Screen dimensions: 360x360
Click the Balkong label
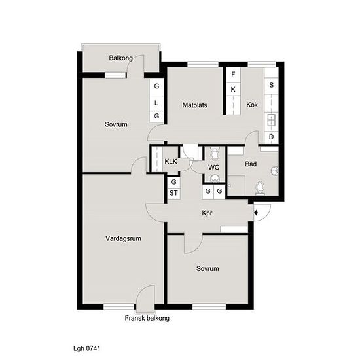pyautogui.click(x=121, y=58)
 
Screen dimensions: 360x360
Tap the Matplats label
pyautogui.click(x=195, y=105)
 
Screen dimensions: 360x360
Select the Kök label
pyautogui.click(x=252, y=105)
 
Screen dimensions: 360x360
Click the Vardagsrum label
pyautogui.click(x=123, y=238)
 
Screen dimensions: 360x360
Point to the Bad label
pyautogui.click(x=251, y=164)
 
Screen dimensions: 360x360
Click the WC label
pyautogui.click(x=213, y=168)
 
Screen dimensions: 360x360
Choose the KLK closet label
pyautogui.click(x=170, y=161)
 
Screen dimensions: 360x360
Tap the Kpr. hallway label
pyautogui.click(x=209, y=214)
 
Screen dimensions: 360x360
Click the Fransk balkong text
pyautogui.click(x=147, y=319)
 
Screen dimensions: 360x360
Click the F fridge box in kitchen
pyautogui.click(x=232, y=75)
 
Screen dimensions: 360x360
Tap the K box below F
pyautogui.click(x=232, y=89)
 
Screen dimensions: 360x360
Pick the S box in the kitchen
pyautogui.click(x=271, y=85)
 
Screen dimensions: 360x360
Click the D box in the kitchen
pyautogui.click(x=271, y=137)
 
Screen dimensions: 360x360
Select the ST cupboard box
pyautogui.click(x=173, y=193)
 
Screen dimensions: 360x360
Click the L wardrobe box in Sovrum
pyautogui.click(x=156, y=102)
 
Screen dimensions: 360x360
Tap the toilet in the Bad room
pyautogui.click(x=261, y=189)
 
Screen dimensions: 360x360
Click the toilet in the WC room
pyautogui.click(x=214, y=156)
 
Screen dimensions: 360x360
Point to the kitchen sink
pyautogui.click(x=271, y=120)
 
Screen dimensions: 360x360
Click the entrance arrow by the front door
pyautogui.click(x=257, y=211)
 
